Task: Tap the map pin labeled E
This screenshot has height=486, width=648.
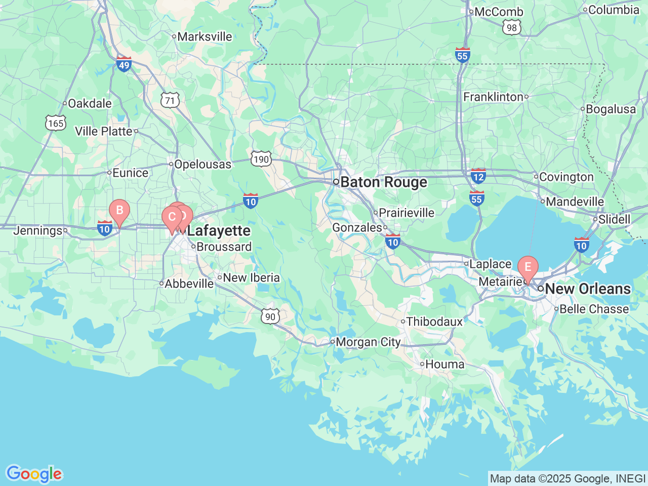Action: (x=528, y=267)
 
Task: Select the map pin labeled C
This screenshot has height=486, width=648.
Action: (x=172, y=218)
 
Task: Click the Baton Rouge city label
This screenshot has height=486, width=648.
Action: (x=383, y=182)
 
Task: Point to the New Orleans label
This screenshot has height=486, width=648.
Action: (x=587, y=289)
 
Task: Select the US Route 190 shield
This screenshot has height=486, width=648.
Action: (x=261, y=159)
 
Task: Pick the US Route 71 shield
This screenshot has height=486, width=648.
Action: (x=170, y=100)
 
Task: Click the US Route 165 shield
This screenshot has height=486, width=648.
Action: (x=56, y=123)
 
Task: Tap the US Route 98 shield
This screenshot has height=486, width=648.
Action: (x=512, y=27)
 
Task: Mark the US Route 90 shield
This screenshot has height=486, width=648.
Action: (x=270, y=316)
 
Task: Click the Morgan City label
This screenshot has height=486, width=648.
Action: (x=368, y=342)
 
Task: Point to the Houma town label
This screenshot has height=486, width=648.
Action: (x=444, y=364)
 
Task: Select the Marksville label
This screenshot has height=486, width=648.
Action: (x=205, y=36)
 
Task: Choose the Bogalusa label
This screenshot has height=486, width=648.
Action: (x=611, y=109)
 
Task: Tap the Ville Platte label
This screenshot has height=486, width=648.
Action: (x=104, y=132)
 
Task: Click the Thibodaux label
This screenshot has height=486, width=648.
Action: (x=434, y=322)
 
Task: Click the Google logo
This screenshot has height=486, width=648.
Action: (x=34, y=474)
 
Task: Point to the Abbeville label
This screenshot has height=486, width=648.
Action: (x=189, y=284)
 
